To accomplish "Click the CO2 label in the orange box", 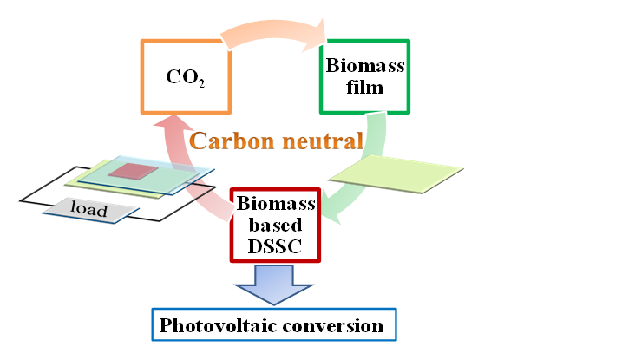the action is [186, 77].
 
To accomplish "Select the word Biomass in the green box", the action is [365, 66].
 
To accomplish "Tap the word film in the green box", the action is [364, 88].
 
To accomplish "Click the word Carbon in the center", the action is [232, 141].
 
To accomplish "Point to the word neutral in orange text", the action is [323, 141].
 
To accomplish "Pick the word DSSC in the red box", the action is [275, 246].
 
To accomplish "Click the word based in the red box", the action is [275, 225].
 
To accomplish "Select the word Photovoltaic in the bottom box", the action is [217, 325].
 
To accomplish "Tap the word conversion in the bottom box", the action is [333, 325].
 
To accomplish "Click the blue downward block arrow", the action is [274, 285].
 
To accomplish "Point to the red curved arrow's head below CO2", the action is [172, 121].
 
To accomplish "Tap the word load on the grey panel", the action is [88, 208].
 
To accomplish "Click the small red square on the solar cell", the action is [133, 171].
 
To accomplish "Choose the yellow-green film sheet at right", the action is [396, 174].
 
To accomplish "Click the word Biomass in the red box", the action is [276, 203].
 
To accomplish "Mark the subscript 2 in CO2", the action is [201, 83].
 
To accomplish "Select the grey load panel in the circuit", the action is [90, 210].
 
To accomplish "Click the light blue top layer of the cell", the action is [146, 175].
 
